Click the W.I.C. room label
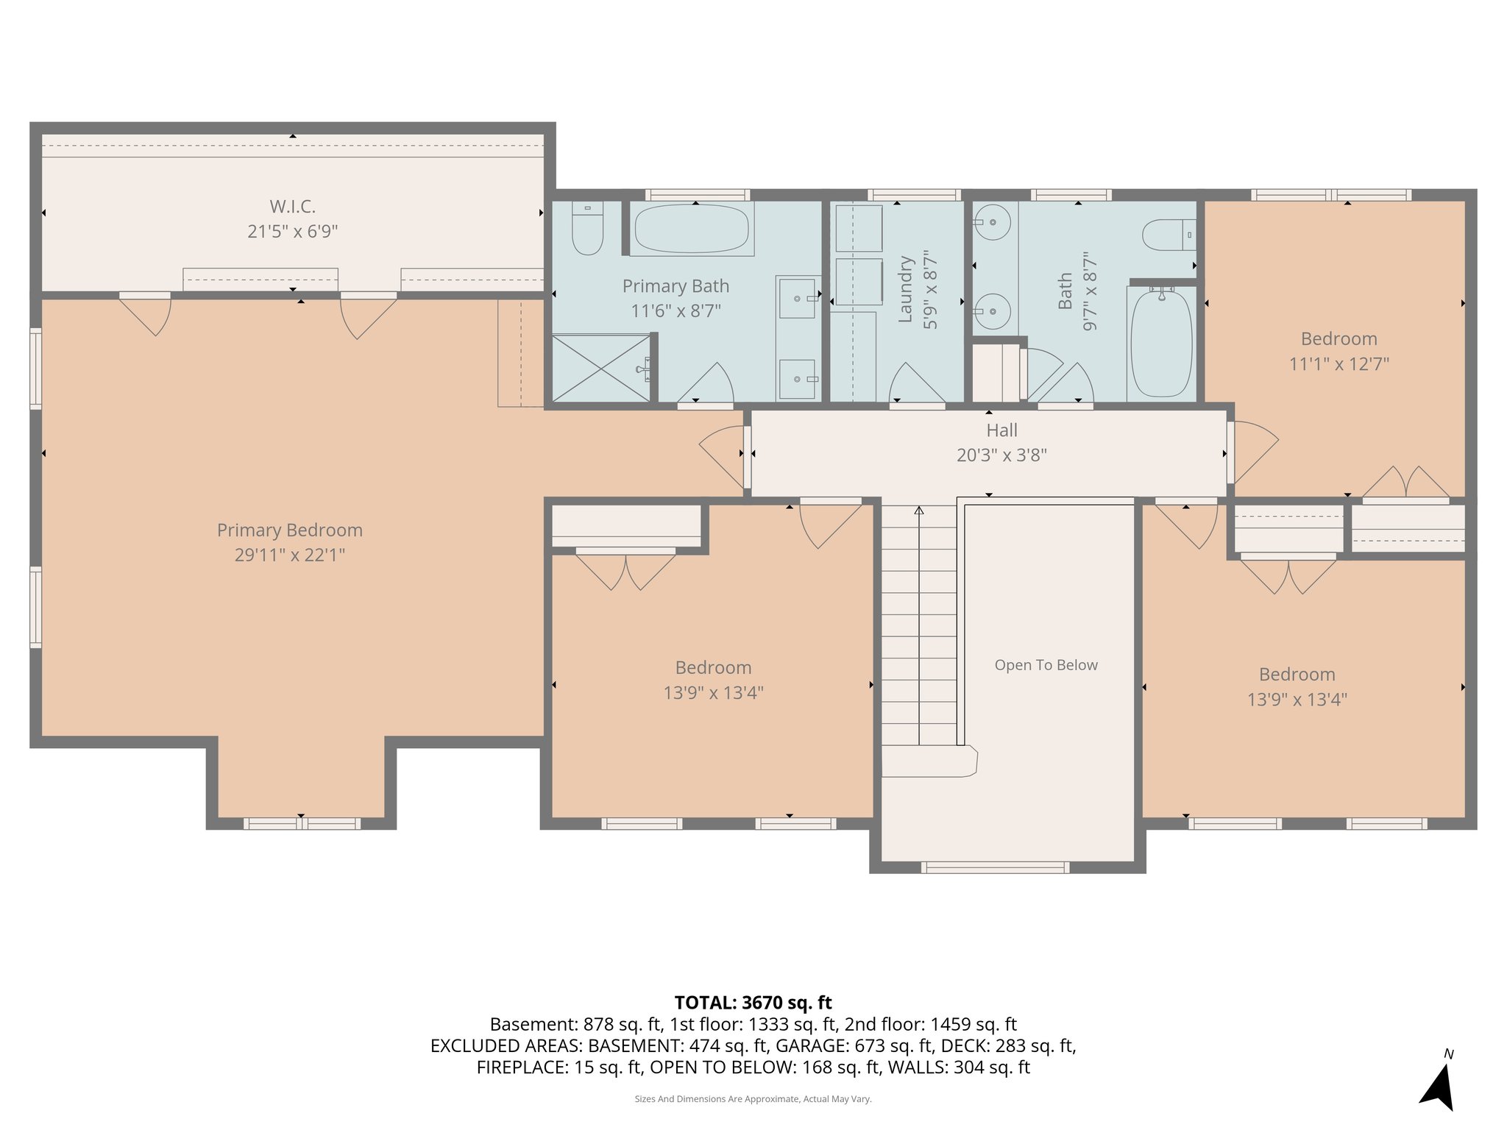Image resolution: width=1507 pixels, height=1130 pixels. [292, 207]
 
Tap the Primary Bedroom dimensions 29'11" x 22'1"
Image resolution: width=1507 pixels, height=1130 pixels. [289, 555]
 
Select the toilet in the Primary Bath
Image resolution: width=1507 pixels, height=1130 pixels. [587, 228]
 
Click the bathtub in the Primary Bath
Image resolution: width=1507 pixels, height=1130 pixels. [692, 229]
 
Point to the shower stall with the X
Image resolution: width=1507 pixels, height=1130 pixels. [601, 369]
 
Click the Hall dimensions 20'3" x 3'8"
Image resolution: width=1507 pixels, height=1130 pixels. [1001, 455]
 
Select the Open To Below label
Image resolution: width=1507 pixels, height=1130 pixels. [1046, 665]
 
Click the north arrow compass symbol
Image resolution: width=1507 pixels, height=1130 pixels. [1439, 1085]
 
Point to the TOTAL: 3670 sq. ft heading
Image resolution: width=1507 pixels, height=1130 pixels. [753, 1003]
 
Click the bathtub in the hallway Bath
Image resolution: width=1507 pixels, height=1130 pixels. [1161, 344]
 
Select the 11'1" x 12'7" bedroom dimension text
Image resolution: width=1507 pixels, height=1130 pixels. [1338, 364]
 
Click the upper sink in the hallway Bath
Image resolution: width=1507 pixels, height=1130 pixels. [992, 221]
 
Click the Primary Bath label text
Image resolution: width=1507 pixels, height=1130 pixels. [676, 286]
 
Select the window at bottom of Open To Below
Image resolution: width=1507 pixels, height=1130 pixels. [995, 867]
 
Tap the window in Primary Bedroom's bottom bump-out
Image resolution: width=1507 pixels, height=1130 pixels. [302, 824]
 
